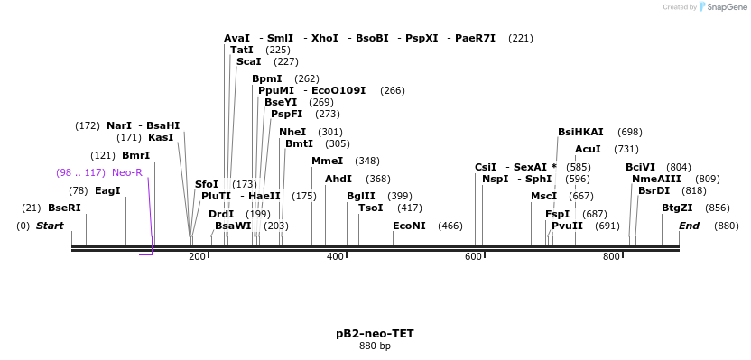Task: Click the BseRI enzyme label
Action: [64, 208]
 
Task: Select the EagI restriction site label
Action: [107, 191]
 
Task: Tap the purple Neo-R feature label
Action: [127, 172]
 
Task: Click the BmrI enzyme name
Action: [135, 156]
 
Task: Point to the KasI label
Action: [161, 138]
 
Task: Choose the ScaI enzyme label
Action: [248, 62]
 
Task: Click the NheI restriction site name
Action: [292, 133]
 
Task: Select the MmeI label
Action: [327, 162]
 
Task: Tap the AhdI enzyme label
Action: [338, 180]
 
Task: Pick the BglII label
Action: [361, 197]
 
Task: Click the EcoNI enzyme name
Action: [409, 226]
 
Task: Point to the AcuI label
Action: [588, 150]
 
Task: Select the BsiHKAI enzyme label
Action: [580, 133]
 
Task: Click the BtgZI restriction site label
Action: [677, 208]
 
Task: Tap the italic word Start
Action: [50, 226]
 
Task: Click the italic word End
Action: [689, 226]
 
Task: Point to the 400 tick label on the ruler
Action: [336, 257]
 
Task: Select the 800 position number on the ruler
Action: [612, 257]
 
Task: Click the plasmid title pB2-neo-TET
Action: [375, 334]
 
